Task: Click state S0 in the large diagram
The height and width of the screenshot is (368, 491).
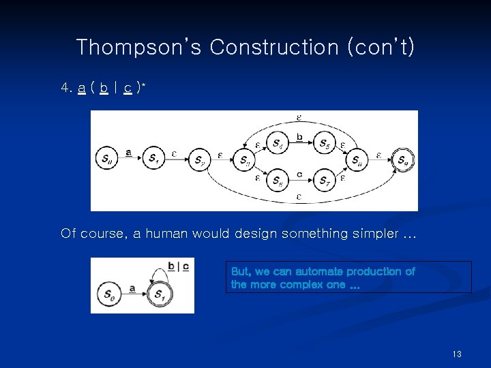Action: pos(106,159)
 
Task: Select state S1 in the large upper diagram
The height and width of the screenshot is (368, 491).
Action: pos(154,159)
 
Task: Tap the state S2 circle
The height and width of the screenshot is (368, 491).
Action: pos(199,160)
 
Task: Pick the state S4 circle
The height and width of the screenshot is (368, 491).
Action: pos(277,143)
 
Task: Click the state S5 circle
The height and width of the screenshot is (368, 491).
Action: pos(324,143)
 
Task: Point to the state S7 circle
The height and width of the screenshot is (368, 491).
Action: pos(324,180)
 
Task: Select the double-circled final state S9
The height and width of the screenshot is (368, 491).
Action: pos(404,160)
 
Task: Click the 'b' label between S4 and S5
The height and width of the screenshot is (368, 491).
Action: pos(300,138)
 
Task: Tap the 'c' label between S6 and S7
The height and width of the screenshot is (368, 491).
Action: pos(300,174)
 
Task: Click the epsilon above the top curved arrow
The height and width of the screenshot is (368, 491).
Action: pos(299,117)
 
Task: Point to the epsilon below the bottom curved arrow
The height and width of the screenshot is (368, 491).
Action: pos(299,198)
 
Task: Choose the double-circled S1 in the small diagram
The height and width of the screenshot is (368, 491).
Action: pos(158,295)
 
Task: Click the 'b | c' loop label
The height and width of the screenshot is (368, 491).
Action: pos(179,266)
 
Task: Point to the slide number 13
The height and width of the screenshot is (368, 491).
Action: pos(457,354)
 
